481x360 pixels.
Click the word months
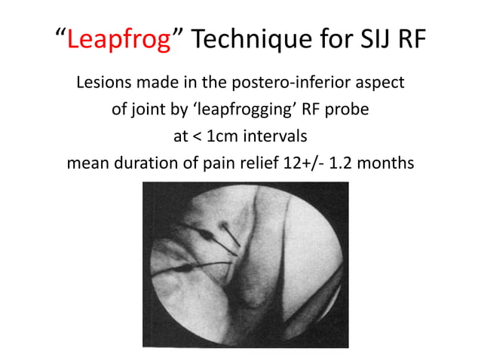(x=387, y=163)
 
